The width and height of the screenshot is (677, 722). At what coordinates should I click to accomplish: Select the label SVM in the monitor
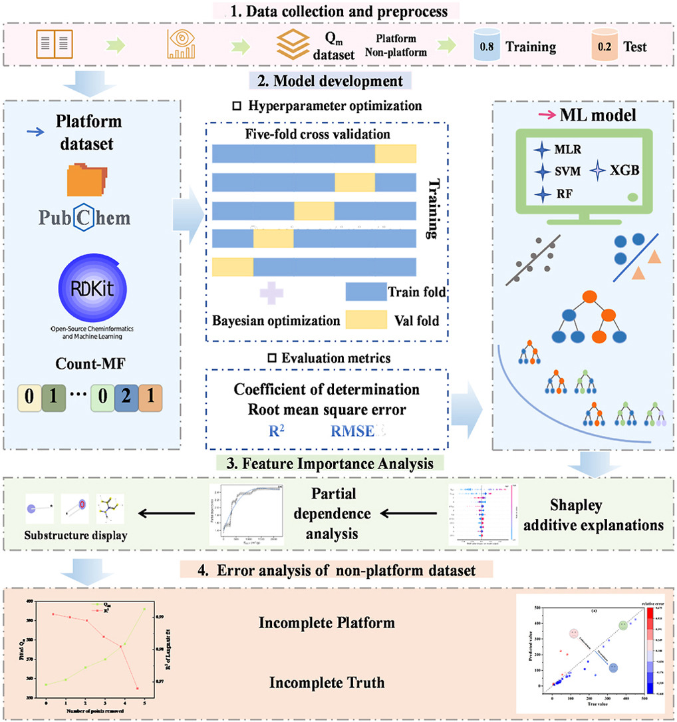(567, 171)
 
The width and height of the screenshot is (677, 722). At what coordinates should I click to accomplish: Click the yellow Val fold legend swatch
(366, 320)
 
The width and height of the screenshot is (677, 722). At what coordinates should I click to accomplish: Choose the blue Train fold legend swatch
(366, 291)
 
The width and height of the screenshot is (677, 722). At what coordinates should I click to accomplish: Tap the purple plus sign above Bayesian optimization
(271, 291)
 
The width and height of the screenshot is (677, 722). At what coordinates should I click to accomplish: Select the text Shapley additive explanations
(607, 514)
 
